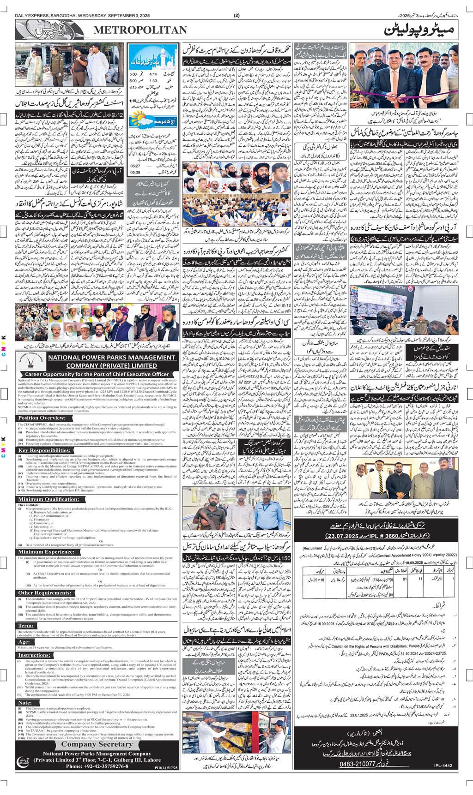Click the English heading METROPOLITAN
141,30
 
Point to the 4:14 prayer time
154,74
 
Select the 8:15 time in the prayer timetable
133,87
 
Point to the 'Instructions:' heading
34,655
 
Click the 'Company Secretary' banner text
97,744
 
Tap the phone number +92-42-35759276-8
97,766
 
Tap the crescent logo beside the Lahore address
22,760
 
